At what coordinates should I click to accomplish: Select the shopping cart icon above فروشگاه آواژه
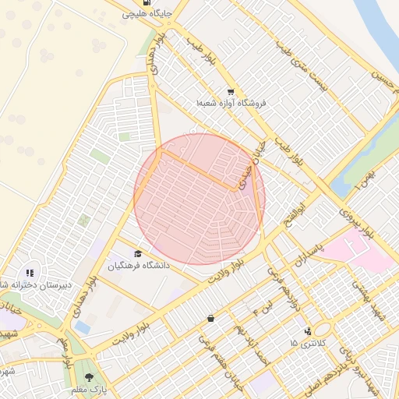click(229, 90)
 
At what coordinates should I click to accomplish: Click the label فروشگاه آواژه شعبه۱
click(231, 103)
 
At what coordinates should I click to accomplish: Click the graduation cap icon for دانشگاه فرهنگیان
click(138, 253)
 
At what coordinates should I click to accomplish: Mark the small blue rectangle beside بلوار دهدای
click(83, 327)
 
